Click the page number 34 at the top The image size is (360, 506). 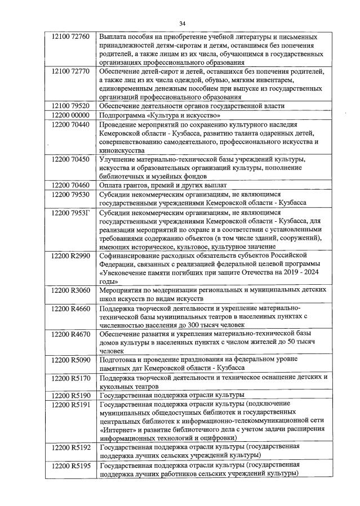click(x=182, y=23)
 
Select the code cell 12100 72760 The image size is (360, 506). click(x=70, y=37)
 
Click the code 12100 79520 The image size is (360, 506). click(x=70, y=105)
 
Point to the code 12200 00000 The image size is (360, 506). click(x=70, y=115)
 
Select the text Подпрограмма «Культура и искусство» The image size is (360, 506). click(x=159, y=115)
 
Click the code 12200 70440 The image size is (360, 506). click(x=70, y=124)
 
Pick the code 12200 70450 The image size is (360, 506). click(x=70, y=159)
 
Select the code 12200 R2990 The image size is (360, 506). click(x=70, y=256)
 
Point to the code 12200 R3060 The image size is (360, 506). click(x=70, y=290)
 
